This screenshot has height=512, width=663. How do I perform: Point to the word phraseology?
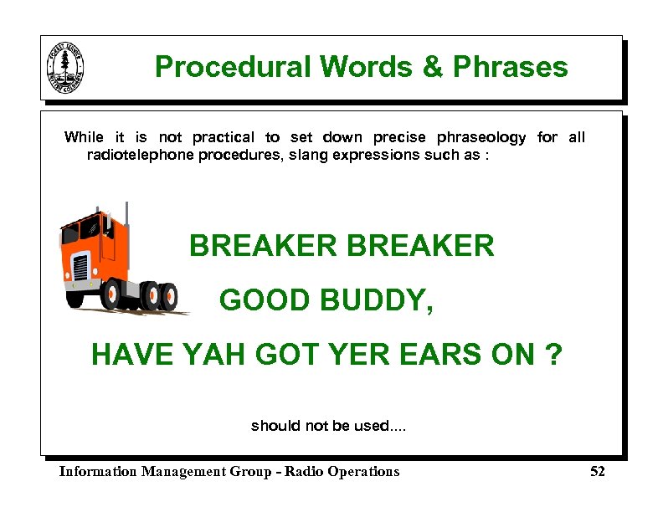pyautogui.click(x=473, y=137)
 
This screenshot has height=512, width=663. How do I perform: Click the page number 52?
pyautogui.click(x=597, y=472)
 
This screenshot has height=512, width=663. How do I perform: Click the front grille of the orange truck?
pyautogui.click(x=81, y=268)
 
